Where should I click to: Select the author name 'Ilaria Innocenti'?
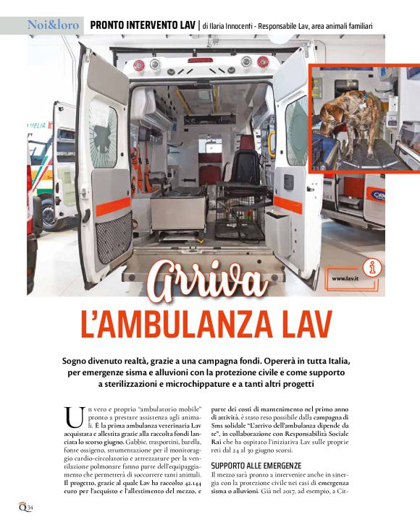point(240,27)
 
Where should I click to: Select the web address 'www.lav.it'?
point(348,279)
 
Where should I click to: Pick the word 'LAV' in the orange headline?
point(298,322)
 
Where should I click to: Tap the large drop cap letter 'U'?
point(73,418)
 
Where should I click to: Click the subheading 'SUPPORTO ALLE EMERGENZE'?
point(256,464)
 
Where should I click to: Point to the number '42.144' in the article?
point(190,482)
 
